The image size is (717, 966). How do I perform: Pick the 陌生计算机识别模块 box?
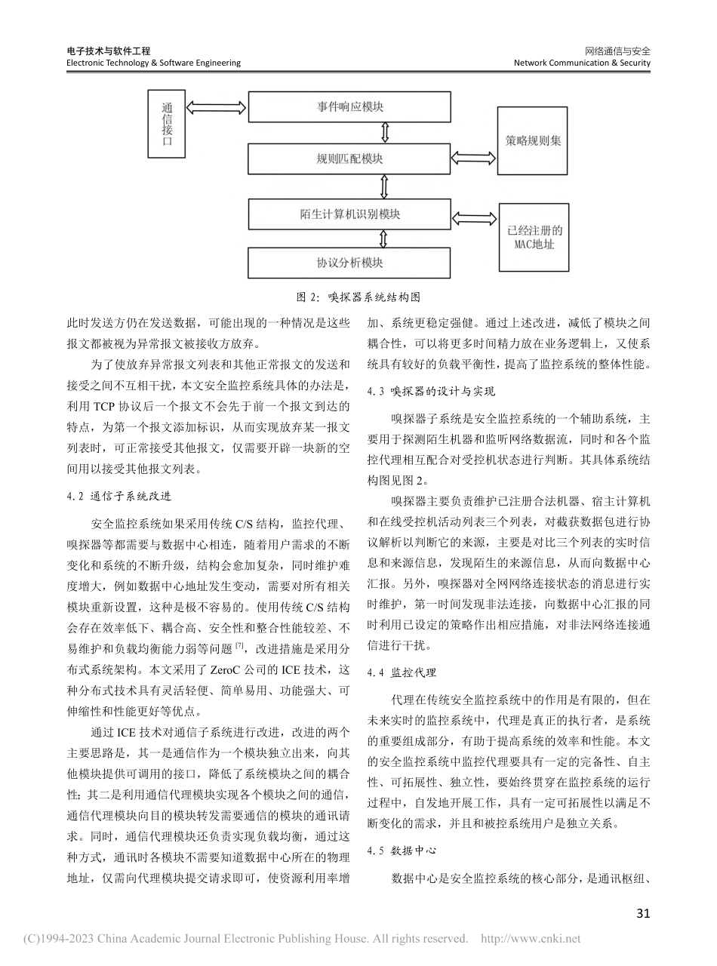click(349, 214)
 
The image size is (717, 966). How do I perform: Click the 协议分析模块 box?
click(349, 263)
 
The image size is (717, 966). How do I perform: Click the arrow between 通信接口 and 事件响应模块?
click(217, 106)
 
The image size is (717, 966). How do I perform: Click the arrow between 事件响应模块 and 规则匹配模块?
click(386, 133)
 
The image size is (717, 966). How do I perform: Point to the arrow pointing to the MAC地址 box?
click(474, 218)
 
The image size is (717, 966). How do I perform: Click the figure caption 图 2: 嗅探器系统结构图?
click(358, 297)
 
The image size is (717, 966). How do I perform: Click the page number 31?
click(643, 913)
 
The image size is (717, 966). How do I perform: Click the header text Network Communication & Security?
click(581, 63)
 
